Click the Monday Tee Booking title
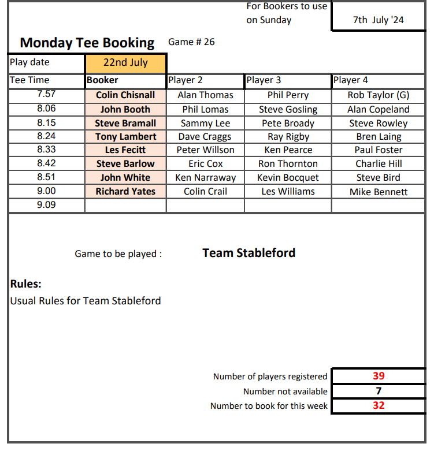pyautogui.click(x=87, y=43)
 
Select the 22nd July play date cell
pyautogui.click(x=125, y=62)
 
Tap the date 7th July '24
pyautogui.click(x=379, y=20)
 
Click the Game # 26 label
pyautogui.click(x=191, y=42)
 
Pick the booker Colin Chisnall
pyautogui.click(x=125, y=95)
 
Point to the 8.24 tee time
pyautogui.click(x=46, y=137)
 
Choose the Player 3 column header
pyautogui.click(x=264, y=80)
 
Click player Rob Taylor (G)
pyautogui.click(x=378, y=95)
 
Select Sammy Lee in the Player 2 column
pyautogui.click(x=205, y=124)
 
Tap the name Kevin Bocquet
pyautogui.click(x=288, y=178)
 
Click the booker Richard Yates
pyautogui.click(x=125, y=192)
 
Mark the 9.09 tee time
pyautogui.click(x=46, y=204)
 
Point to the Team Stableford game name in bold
pyautogui.click(x=248, y=253)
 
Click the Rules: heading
pyautogui.click(x=26, y=284)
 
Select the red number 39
pyautogui.click(x=379, y=376)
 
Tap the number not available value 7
pyautogui.click(x=379, y=391)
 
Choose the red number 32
pyautogui.click(x=379, y=405)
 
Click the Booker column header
pyautogui.click(x=102, y=80)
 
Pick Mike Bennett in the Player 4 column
pyautogui.click(x=378, y=192)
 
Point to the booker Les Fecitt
pyautogui.click(x=125, y=150)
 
